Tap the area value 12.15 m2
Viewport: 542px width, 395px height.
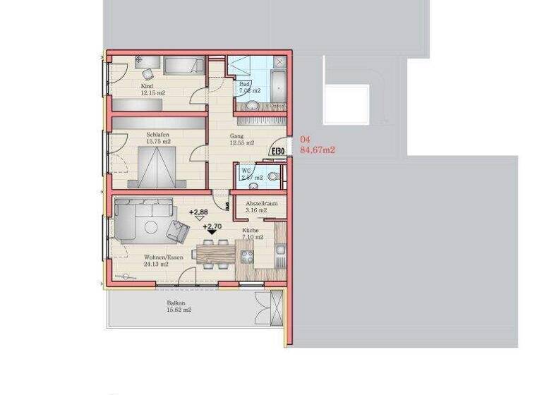click(152, 93)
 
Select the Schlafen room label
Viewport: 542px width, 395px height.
click(158, 134)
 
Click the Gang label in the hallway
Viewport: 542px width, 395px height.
click(237, 136)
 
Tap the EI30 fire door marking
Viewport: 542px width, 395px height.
click(277, 150)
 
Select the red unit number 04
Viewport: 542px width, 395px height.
click(305, 140)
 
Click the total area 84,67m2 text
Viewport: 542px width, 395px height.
click(318, 150)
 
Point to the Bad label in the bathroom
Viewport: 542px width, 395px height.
click(244, 84)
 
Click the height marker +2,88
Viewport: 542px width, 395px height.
click(198, 212)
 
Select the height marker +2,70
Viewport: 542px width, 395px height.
click(212, 227)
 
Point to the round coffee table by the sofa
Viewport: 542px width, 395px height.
click(152, 226)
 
